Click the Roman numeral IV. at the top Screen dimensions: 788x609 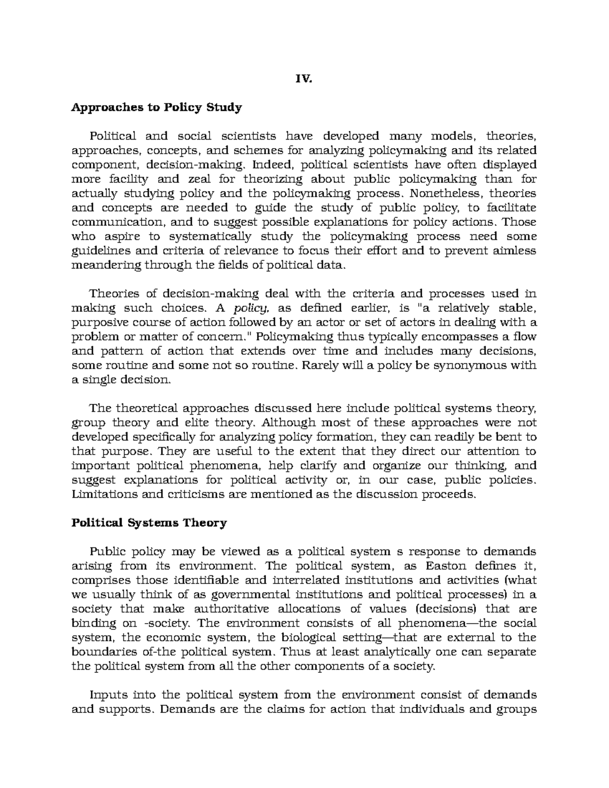(304, 79)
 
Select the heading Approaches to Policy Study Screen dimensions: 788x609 (157, 108)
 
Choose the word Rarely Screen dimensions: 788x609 (320, 365)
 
